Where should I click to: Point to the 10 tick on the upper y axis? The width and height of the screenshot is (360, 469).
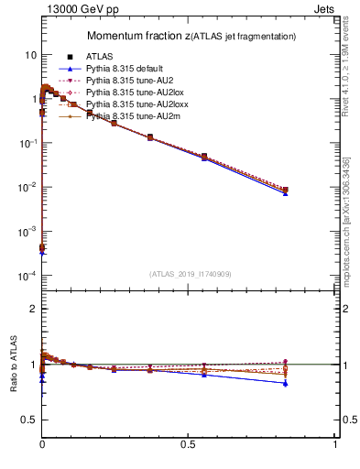click(29, 55)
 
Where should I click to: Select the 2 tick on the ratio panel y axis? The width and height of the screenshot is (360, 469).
click(32, 309)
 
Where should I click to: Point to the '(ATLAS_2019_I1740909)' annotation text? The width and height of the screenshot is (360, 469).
click(190, 274)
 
